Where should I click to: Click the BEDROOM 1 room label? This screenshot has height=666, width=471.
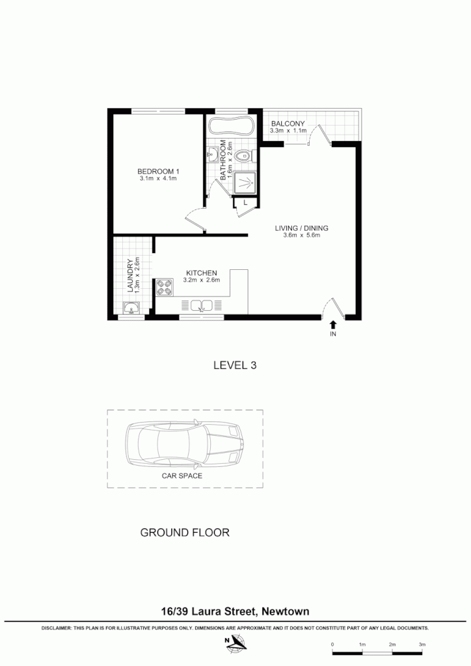158,171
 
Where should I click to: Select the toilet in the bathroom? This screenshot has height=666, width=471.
243,155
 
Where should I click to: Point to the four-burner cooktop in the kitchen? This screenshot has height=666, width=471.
164,287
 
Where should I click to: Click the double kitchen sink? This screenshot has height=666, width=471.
201,305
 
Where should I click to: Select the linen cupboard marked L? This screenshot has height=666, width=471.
244,203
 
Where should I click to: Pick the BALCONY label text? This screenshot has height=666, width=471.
289,124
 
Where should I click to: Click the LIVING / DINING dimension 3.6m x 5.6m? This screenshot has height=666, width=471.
301,235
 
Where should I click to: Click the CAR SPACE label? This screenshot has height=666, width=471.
182,475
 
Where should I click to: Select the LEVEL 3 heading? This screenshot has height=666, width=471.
235,366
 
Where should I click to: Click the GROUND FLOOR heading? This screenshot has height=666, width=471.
185,533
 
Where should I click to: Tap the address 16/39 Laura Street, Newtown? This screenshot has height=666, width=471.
235,611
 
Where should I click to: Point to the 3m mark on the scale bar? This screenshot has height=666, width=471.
422,644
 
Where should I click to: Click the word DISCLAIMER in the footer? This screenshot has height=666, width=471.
59,629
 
